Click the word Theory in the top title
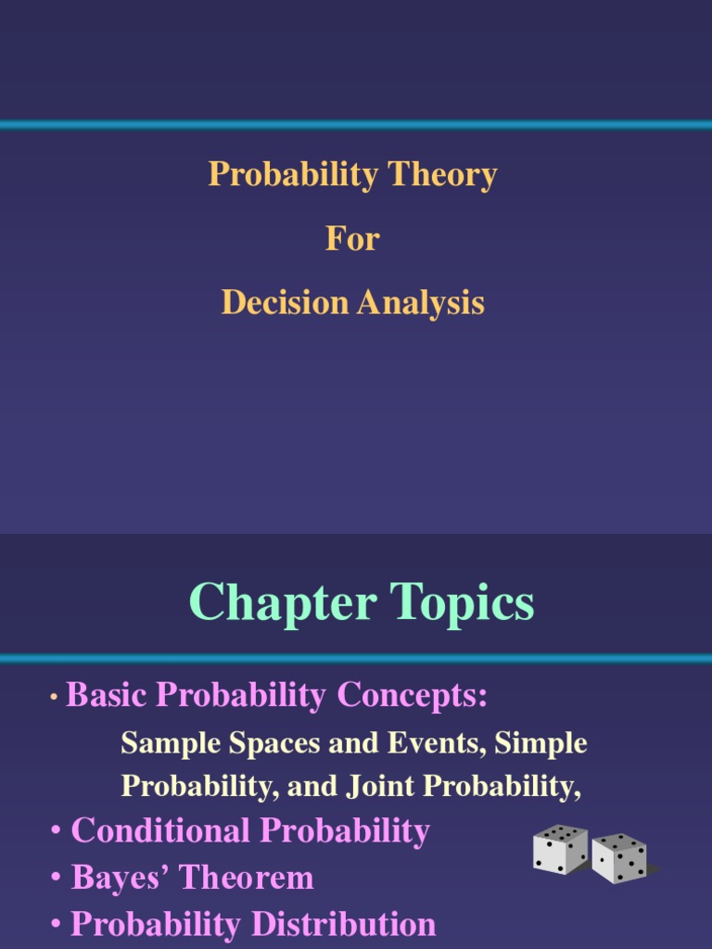[443, 175]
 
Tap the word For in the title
[352, 239]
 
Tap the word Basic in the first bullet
[100, 695]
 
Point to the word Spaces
[259, 742]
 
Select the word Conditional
[153, 830]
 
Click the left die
[560, 849]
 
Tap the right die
[619, 858]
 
